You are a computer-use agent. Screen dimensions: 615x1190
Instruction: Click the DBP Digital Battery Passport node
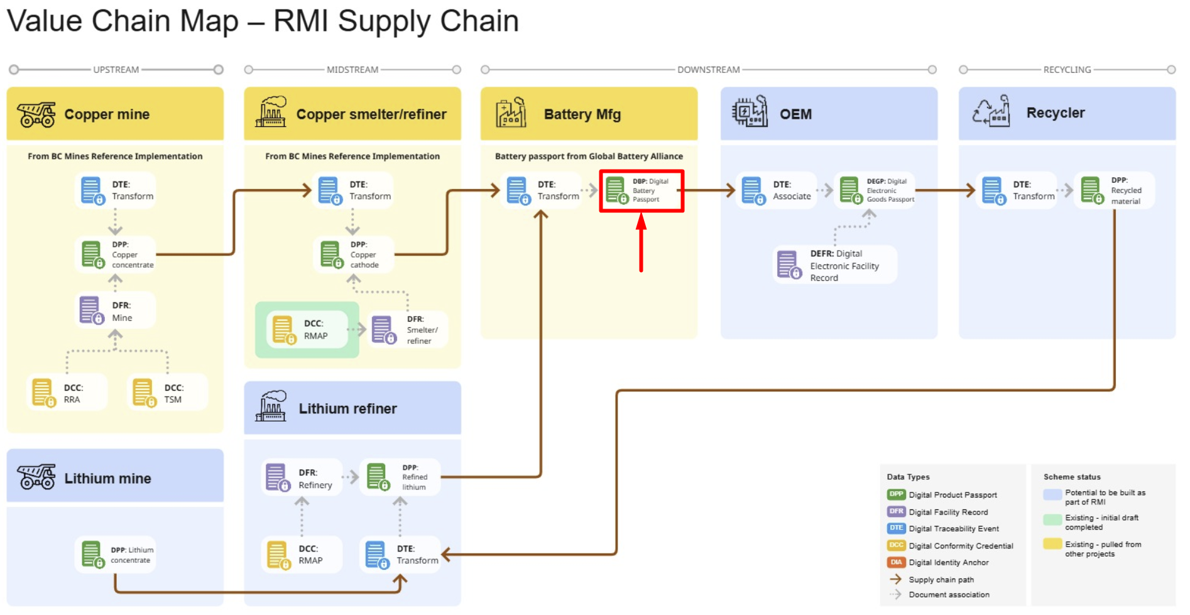(x=641, y=190)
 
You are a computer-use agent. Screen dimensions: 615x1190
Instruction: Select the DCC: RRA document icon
(x=43, y=393)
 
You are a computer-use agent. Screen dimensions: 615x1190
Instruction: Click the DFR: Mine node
(x=116, y=311)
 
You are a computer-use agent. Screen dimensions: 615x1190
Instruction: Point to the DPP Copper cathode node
(x=354, y=254)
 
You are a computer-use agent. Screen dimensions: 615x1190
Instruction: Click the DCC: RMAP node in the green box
(x=307, y=330)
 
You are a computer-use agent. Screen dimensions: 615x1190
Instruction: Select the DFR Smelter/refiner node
(x=407, y=330)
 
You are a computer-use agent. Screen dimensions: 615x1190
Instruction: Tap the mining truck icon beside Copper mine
(x=36, y=114)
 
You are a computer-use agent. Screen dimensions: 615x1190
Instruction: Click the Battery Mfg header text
(x=582, y=114)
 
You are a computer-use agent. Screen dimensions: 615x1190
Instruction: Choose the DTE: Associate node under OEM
(x=777, y=190)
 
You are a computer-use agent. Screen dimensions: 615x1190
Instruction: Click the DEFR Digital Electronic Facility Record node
(x=834, y=265)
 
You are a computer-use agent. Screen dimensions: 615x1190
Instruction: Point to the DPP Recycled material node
(x=1113, y=190)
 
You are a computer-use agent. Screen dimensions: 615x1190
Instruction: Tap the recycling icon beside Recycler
(x=991, y=112)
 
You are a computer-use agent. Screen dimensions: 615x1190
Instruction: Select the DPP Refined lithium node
(x=400, y=477)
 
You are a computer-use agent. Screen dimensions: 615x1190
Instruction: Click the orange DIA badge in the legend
(x=896, y=562)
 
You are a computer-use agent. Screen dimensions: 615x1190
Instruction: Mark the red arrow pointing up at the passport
(x=641, y=242)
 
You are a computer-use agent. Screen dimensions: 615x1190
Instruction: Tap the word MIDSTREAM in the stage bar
(x=352, y=70)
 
